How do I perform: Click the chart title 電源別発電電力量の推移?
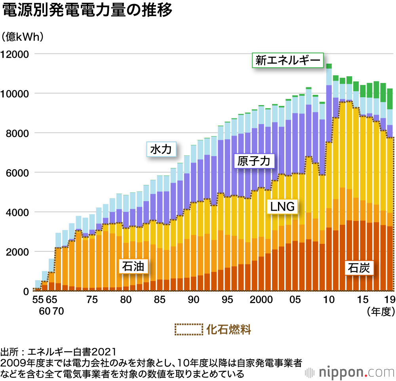point(88,11)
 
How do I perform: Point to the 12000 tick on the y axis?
point(15,54)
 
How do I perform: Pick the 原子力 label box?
point(253,161)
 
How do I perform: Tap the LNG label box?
point(282,206)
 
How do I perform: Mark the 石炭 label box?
point(359,268)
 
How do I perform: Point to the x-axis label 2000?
point(261,300)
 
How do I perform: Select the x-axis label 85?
point(160,300)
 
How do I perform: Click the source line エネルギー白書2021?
point(59,351)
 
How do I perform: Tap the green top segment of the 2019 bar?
point(390,99)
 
